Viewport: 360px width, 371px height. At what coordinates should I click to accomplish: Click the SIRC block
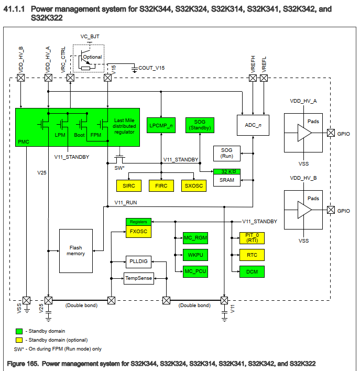click(x=128, y=185)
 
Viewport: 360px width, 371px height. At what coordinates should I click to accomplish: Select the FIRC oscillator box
click(x=161, y=185)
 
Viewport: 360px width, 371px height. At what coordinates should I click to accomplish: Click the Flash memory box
click(x=76, y=250)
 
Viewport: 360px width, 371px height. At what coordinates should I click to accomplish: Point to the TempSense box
click(x=138, y=278)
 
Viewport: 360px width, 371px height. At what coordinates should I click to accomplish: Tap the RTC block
click(x=252, y=255)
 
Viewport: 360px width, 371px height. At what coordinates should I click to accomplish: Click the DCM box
click(x=252, y=271)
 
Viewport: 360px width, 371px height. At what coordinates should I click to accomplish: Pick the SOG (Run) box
click(x=226, y=154)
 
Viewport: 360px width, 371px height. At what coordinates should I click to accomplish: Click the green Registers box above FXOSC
click(x=138, y=222)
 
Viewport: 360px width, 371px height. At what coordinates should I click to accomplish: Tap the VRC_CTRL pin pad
click(x=70, y=78)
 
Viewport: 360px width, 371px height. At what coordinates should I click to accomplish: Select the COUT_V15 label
click(x=151, y=68)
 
